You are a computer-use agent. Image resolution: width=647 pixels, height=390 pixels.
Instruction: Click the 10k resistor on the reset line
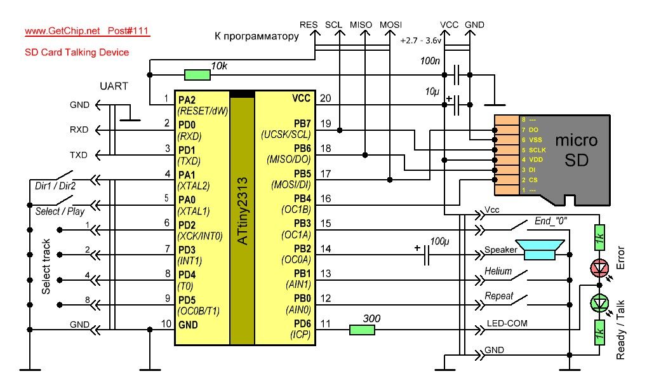point(197,76)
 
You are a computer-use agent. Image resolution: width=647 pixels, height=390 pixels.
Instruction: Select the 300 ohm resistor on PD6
point(362,329)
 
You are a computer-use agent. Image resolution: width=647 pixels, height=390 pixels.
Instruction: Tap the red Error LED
point(598,268)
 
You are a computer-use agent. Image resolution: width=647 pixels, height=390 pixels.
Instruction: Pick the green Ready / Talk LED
point(598,303)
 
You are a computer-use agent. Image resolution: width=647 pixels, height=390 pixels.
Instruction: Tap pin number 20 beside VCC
point(325,98)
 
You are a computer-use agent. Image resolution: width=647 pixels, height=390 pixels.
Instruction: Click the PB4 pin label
point(298,199)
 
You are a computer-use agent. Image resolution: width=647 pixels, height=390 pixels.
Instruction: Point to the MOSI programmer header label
point(390,25)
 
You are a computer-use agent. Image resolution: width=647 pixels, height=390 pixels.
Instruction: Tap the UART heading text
point(114,86)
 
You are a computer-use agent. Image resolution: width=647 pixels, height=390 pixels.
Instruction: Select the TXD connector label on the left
point(79,155)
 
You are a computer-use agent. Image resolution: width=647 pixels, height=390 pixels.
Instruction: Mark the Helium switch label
point(498,271)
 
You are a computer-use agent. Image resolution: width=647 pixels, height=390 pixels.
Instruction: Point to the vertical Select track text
point(46,266)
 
